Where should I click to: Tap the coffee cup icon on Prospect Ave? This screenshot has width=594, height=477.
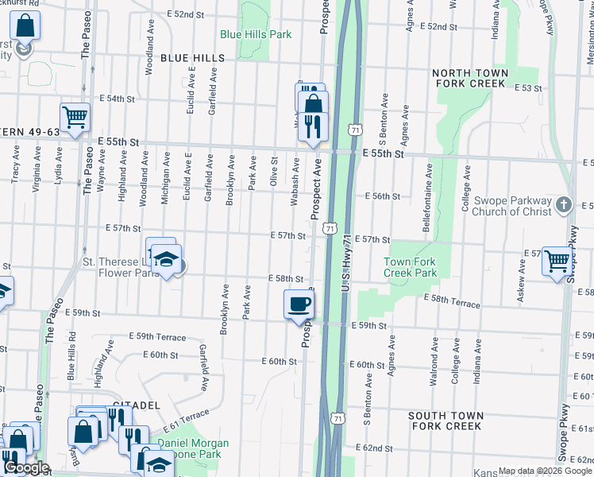click(299, 304)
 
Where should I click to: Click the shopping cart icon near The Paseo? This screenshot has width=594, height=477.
click(75, 117)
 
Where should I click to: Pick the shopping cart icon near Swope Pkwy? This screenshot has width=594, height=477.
click(557, 260)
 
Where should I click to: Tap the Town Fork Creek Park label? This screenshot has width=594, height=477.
click(411, 267)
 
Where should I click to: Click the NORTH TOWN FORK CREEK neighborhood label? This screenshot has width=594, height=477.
click(469, 78)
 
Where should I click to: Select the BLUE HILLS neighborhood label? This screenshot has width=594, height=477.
click(192, 58)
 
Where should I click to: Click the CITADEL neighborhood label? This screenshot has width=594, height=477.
click(131, 405)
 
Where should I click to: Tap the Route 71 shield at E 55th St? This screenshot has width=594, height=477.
click(354, 129)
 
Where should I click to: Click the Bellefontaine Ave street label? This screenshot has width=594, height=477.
click(428, 188)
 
